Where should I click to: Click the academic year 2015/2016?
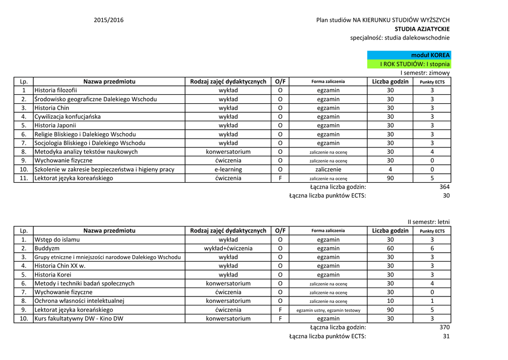(x=109, y=20)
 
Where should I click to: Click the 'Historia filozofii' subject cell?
(x=56, y=90)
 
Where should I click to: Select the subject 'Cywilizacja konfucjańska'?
(x=67, y=117)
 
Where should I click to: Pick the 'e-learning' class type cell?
(x=228, y=169)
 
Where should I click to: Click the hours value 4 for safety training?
(x=390, y=169)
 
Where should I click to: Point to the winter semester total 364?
(x=444, y=187)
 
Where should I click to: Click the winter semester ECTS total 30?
(x=446, y=196)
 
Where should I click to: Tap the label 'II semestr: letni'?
(x=429, y=222)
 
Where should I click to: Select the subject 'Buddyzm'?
(x=47, y=248)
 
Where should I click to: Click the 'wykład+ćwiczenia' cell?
(x=228, y=248)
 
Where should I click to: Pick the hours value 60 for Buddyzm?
(x=390, y=248)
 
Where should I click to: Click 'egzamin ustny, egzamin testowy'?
(x=328, y=310)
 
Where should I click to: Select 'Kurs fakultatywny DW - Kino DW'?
(x=79, y=318)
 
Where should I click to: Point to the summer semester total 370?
(x=444, y=327)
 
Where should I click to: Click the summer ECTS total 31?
(x=446, y=336)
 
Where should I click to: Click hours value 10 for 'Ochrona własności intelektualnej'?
(x=390, y=301)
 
